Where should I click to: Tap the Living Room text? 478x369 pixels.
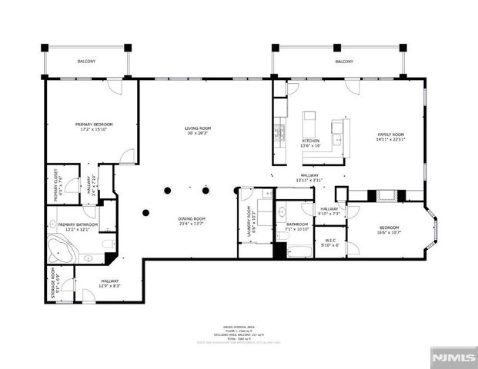(x=198, y=128)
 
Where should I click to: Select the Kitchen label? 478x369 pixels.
(x=311, y=141)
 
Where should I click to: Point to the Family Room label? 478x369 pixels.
(x=389, y=135)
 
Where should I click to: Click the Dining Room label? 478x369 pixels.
(x=192, y=220)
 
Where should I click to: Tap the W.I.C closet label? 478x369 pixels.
(x=330, y=240)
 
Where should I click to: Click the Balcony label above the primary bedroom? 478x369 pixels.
(x=86, y=61)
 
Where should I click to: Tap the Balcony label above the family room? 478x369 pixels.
(x=344, y=61)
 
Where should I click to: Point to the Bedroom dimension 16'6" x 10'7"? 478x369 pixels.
(x=389, y=233)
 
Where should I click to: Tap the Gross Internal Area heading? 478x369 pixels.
(x=239, y=326)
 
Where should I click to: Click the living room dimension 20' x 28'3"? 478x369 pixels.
(x=198, y=134)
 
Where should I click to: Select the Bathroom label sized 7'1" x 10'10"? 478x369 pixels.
(x=297, y=224)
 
